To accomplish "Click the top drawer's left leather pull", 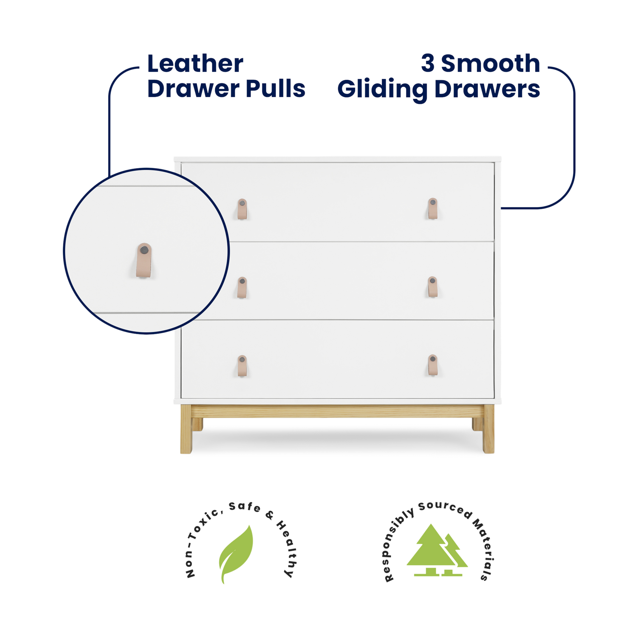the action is coord(243,209).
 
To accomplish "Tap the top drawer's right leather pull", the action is coord(432,208).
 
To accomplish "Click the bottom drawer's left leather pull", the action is coord(243,366).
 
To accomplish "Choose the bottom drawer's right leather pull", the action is coord(432,365).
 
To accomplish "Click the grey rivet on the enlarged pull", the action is coord(144,248).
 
